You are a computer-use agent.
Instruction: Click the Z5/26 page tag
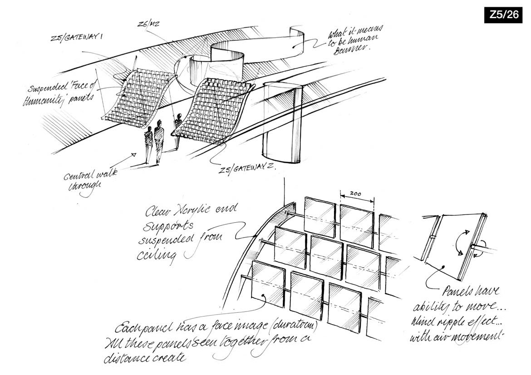click(503, 15)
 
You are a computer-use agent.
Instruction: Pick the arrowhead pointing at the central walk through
click(134, 155)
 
